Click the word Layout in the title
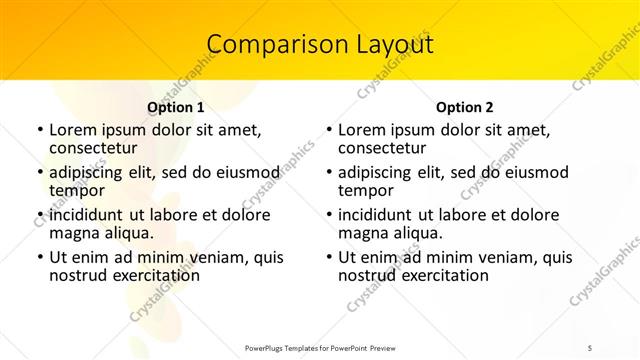point(394,44)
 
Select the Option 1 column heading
point(176,107)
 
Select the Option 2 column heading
point(465,107)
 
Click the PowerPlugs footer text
point(320,348)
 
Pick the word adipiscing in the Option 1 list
point(88,171)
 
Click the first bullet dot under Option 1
point(39,131)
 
